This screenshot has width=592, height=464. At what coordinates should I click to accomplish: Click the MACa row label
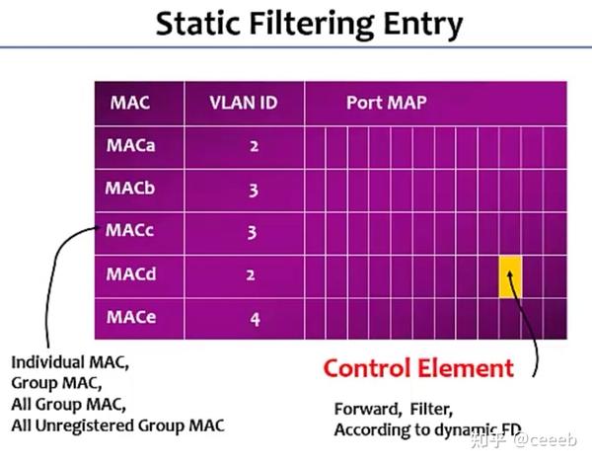tap(131, 145)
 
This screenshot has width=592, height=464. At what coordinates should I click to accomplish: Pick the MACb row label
tap(131, 188)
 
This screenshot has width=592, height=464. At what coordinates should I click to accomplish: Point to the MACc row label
tap(131, 231)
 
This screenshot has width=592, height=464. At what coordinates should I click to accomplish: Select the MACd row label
tap(131, 274)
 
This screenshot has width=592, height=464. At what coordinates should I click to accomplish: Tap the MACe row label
tap(131, 317)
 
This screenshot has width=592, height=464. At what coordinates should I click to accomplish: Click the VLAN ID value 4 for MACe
tap(254, 319)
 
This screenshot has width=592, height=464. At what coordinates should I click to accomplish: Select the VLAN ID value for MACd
tap(254, 275)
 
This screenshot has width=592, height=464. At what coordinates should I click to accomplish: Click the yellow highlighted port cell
tap(509, 277)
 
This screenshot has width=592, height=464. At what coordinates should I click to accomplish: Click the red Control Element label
tap(419, 368)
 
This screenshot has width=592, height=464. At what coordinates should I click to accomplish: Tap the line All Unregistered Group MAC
tap(117, 425)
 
